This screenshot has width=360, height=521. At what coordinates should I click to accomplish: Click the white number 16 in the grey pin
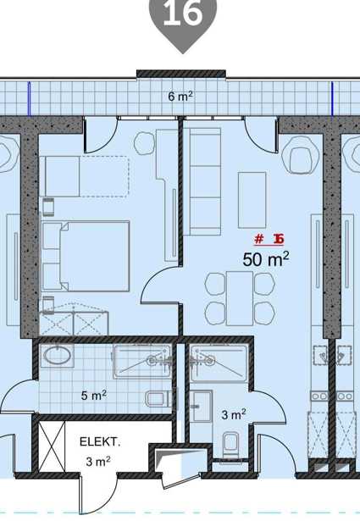183,14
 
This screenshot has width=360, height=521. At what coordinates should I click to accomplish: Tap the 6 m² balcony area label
180,97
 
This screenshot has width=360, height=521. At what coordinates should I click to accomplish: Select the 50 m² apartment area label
266,259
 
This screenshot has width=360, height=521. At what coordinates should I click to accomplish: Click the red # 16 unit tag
269,239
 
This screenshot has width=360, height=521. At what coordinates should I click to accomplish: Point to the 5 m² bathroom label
94,396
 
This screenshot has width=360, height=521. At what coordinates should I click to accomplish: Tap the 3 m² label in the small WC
234,414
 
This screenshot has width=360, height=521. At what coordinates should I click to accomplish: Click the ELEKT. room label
100,442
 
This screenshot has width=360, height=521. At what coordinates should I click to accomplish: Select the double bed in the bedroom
86,256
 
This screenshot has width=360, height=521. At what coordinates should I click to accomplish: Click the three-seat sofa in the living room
202,182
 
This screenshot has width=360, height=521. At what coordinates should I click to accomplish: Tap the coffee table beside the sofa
252,200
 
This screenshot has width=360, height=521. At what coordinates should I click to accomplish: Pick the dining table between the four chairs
240,298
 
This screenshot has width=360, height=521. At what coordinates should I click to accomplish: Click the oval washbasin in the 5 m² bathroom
58,356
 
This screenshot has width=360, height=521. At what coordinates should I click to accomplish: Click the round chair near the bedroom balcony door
145,143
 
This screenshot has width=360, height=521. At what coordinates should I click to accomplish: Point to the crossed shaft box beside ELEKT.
53,446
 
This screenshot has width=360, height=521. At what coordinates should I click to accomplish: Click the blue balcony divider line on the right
332,98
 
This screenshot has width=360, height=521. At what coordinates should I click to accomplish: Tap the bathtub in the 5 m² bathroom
142,362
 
